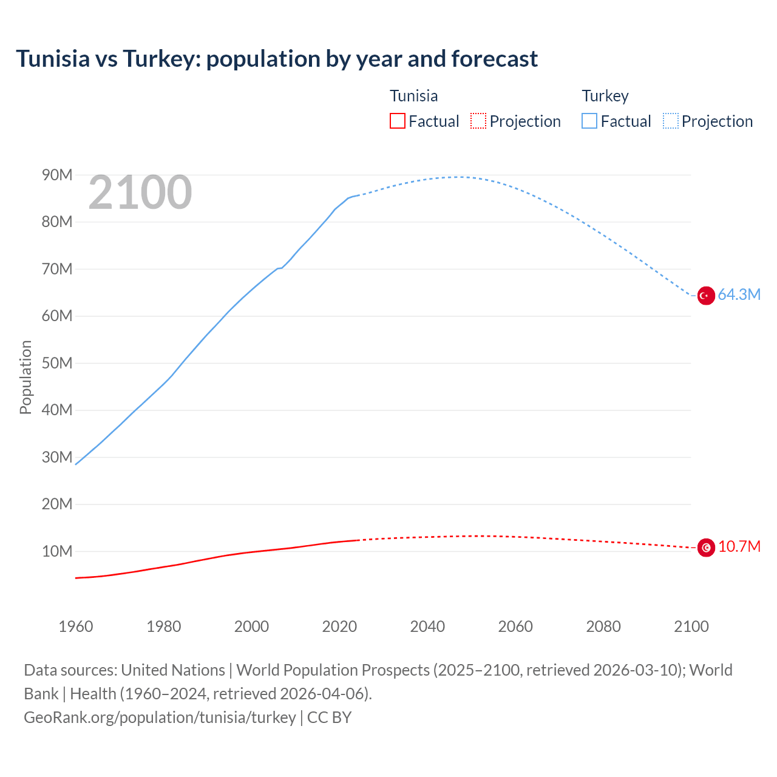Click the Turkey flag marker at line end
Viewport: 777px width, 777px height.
point(705,296)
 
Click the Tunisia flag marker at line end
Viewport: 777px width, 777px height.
point(705,548)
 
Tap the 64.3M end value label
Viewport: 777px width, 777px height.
point(739,295)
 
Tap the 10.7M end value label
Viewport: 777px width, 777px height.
point(739,547)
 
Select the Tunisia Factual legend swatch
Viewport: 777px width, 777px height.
point(397,121)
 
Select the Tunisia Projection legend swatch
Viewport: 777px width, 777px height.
point(478,121)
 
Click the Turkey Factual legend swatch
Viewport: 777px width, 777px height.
point(589,121)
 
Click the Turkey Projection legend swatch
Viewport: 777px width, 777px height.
point(670,121)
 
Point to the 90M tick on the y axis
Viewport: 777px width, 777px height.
point(57,175)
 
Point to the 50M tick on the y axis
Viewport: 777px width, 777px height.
point(57,364)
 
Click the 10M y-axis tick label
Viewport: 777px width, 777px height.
point(57,552)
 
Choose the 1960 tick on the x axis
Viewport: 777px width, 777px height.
point(76,626)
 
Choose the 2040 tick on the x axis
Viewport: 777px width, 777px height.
point(427,626)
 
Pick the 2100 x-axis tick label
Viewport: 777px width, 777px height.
point(691,626)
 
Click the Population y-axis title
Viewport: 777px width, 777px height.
point(25,377)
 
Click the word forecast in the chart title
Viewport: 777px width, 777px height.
point(494,59)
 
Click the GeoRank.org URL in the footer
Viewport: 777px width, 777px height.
point(160,718)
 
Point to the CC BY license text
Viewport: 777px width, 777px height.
point(329,718)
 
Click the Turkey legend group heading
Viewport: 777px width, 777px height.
point(605,96)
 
